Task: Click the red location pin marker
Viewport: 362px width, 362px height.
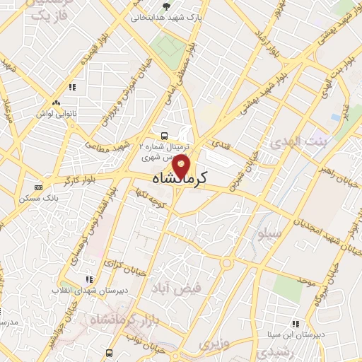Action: tap(182, 166)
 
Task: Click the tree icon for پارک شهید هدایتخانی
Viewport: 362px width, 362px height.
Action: tap(165, 7)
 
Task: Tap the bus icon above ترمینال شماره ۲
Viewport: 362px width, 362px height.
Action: tap(164, 135)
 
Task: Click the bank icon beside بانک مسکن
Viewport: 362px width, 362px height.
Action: tap(38, 188)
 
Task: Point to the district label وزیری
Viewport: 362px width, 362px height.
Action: tap(209, 344)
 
